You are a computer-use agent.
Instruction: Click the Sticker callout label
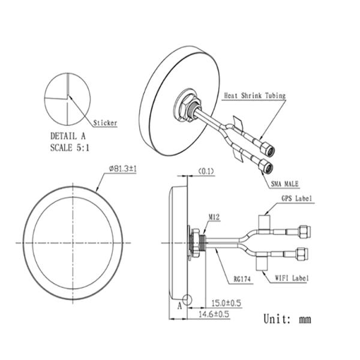105,123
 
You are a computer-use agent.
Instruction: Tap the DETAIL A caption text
68,136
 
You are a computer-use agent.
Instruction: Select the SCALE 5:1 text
70,148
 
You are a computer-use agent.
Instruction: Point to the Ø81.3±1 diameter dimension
123,169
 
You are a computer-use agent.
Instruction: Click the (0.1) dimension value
206,171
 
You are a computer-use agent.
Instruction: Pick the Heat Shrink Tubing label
255,95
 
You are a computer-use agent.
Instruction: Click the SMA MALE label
284,184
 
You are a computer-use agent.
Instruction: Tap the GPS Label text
297,199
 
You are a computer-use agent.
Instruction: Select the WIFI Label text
292,278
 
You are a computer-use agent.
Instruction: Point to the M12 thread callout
214,217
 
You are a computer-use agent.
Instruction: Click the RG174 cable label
242,279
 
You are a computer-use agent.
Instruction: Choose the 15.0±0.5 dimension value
226,303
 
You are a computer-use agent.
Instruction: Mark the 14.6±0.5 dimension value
214,314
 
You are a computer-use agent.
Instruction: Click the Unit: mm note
287,319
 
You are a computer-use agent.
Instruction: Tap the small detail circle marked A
187,299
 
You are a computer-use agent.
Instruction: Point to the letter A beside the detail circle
179,306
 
